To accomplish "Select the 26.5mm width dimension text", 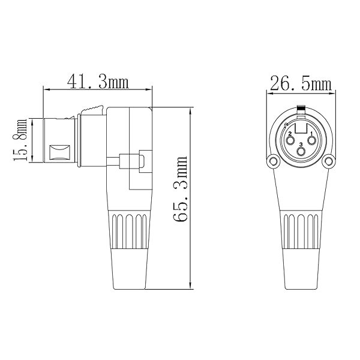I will pyautogui.click(x=301, y=84).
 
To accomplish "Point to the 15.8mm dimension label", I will pyautogui.click(x=22, y=140).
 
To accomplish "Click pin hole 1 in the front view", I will pyautogui.click(x=312, y=142).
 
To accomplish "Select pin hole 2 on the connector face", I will pyautogui.click(x=290, y=142).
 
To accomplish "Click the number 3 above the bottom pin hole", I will pyautogui.click(x=301, y=145).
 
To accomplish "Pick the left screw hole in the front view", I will pyautogui.click(x=273, y=161).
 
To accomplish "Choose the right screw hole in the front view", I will pyautogui.click(x=329, y=161).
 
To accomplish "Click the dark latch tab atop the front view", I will pyautogui.click(x=301, y=109).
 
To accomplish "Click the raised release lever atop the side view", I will pyautogui.click(x=93, y=109).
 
